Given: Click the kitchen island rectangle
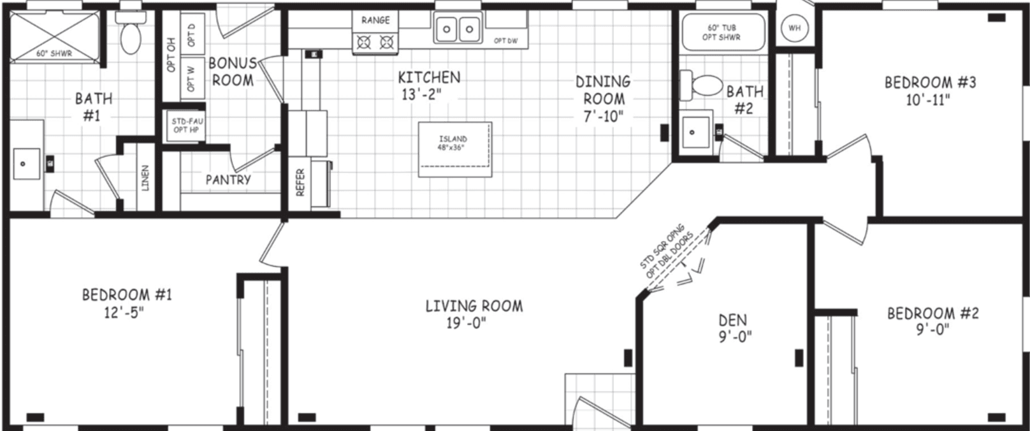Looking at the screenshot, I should click(x=455, y=150).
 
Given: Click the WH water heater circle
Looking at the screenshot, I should click(x=794, y=28).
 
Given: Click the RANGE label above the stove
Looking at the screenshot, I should click(x=375, y=20).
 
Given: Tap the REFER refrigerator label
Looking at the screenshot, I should click(x=301, y=181).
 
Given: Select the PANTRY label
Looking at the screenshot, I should click(x=228, y=180).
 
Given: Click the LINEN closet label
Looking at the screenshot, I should click(x=145, y=178).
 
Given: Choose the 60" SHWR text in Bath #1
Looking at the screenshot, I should click(x=54, y=54).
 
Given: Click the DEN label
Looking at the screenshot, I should click(x=732, y=320).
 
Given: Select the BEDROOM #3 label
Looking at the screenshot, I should click(x=930, y=82).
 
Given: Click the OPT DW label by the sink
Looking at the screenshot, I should click(x=505, y=41).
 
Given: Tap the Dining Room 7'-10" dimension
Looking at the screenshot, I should click(x=603, y=116).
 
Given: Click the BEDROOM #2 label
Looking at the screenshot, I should click(x=932, y=313).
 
